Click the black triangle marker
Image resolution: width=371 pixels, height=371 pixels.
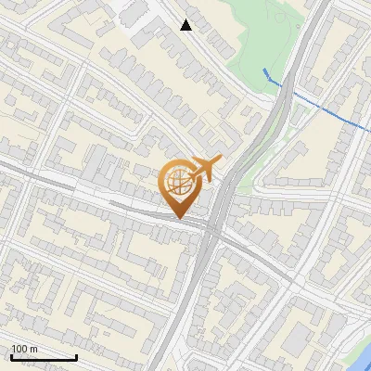186,25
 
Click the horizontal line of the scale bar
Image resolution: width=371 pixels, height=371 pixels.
44,358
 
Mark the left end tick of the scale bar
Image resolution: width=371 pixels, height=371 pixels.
11,356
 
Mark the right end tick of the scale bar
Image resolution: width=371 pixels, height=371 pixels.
76,356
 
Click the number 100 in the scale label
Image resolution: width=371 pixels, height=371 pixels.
20,349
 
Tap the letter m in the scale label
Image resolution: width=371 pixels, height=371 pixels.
33,349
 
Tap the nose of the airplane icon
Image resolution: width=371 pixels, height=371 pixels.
220,160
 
